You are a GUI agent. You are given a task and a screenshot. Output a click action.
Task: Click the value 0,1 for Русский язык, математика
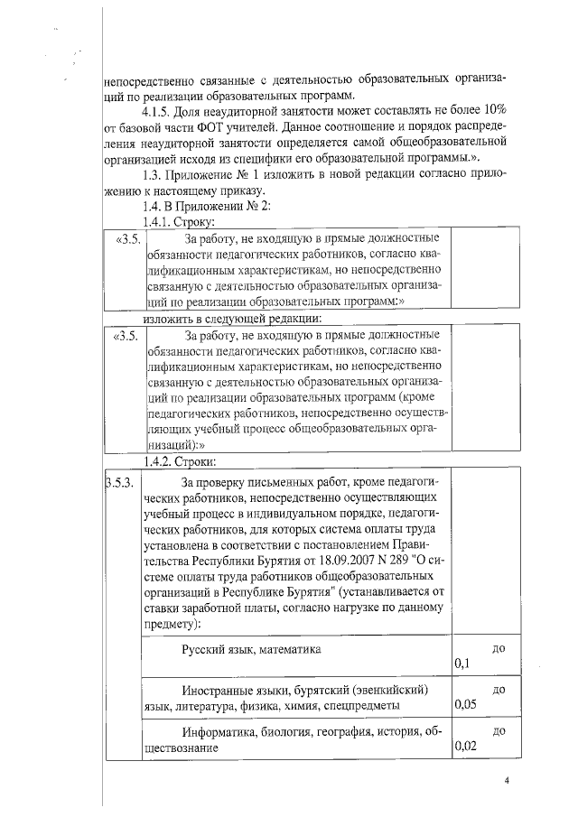462,664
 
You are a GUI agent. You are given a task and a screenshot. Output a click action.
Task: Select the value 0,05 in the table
466,705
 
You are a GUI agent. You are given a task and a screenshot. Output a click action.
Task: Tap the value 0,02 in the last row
466,747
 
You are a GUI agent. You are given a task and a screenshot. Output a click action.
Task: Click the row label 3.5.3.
120,482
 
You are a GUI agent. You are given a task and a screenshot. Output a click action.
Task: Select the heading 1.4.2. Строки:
174,462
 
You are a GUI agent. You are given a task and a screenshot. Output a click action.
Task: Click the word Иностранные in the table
219,690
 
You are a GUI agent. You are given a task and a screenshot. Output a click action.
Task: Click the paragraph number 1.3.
152,174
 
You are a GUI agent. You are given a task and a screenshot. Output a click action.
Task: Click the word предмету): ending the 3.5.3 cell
173,623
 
